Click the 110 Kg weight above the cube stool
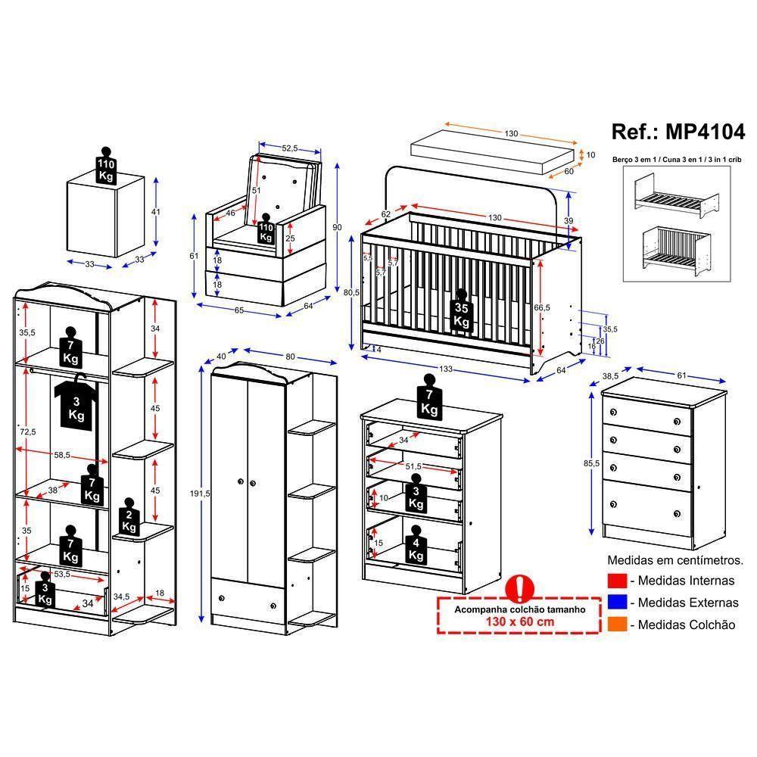106,168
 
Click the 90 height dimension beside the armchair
337,227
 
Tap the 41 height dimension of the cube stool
156,213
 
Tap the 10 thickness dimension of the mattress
590,155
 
